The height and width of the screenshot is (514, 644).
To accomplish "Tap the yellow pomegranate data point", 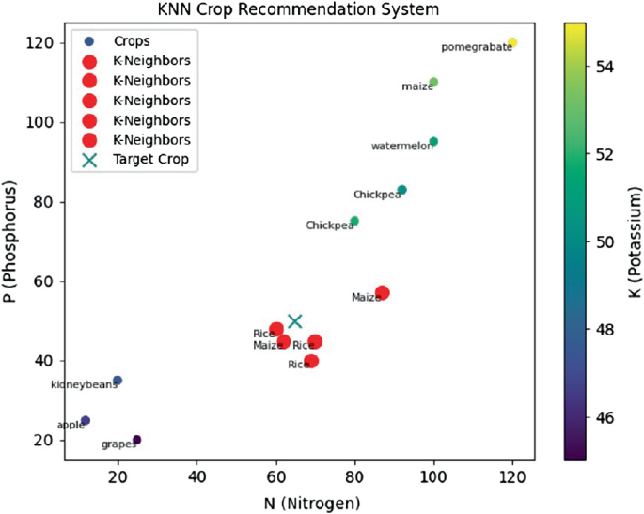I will (x=512, y=43).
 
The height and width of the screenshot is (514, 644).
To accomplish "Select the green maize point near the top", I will (x=433, y=83).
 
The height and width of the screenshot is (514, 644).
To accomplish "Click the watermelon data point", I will (x=433, y=142).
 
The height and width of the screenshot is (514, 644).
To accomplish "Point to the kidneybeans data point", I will (x=118, y=381).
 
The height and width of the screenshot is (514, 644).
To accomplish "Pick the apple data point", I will (x=86, y=421).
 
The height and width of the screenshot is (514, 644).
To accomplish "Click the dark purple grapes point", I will (x=137, y=440).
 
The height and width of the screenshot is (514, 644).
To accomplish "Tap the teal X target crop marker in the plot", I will (x=295, y=321).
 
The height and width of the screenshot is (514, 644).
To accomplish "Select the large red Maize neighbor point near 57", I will (x=383, y=293).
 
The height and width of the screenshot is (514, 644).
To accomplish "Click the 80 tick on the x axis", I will (x=354, y=476).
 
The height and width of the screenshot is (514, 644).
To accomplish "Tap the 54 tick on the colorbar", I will (x=615, y=67).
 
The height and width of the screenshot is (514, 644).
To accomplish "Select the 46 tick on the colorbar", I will (x=615, y=416).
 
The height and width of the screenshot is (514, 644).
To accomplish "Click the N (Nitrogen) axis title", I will (x=299, y=503).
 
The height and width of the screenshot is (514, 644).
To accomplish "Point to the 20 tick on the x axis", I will (x=118, y=476).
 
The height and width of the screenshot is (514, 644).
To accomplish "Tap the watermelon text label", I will (x=401, y=147).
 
